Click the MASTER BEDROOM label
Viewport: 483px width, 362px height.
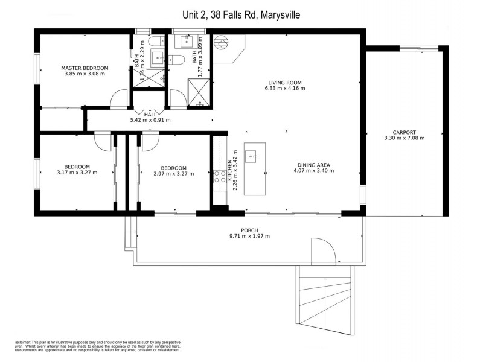(85, 68)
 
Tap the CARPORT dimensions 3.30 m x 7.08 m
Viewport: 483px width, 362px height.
(404, 138)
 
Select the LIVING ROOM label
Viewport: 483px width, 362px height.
(285, 83)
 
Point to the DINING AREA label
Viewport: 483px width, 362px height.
(313, 164)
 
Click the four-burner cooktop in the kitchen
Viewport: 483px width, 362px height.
(220, 176)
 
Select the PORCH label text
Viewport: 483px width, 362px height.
(249, 229)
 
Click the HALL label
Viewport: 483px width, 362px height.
(150, 114)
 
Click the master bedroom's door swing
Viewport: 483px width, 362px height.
(119, 100)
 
